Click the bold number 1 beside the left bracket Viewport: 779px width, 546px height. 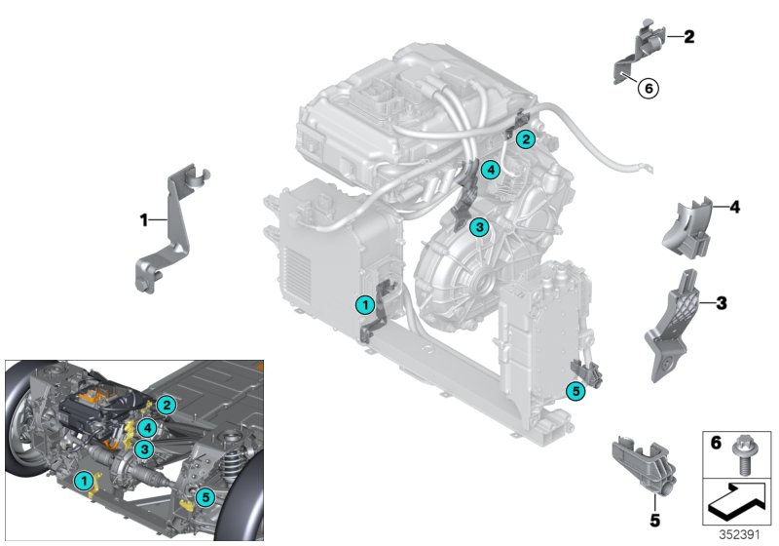point(144,220)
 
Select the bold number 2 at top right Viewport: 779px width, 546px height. point(688,38)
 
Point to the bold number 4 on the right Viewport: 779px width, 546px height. point(735,207)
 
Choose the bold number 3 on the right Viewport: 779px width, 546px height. point(722,303)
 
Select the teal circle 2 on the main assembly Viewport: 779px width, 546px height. point(525,139)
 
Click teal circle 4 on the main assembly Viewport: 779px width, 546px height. point(490,170)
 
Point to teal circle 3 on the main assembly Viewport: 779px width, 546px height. point(478,228)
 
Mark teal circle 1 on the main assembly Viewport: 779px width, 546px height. point(364,305)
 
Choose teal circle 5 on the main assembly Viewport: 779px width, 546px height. point(573,391)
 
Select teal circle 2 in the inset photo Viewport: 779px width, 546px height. point(167,404)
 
